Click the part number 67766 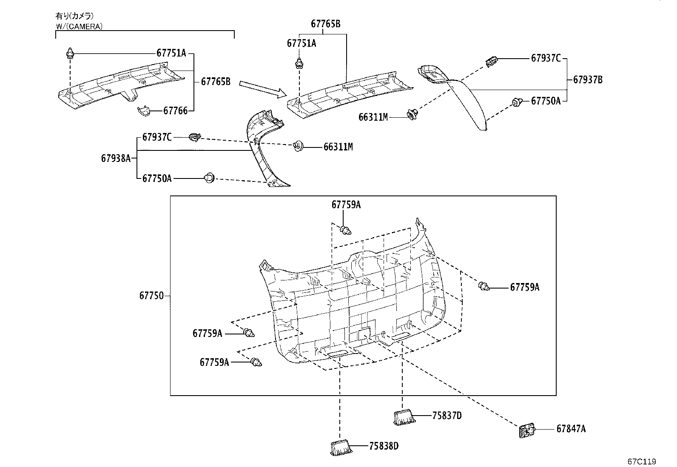pyautogui.click(x=175, y=111)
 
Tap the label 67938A pyautogui.click(x=116, y=158)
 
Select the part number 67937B pyautogui.click(x=588, y=80)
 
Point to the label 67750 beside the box pyautogui.click(x=151, y=295)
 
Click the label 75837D pyautogui.click(x=447, y=416)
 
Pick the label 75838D pyautogui.click(x=384, y=446)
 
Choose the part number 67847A pyautogui.click(x=571, y=429)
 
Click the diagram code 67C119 pyautogui.click(x=642, y=461)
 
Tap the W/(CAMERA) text pyautogui.click(x=79, y=27)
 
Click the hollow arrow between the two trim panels pyautogui.click(x=263, y=89)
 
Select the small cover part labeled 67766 pyautogui.click(x=144, y=111)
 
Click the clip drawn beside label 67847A pyautogui.click(x=527, y=430)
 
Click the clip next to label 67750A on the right pyautogui.click(x=517, y=102)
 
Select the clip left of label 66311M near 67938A pyautogui.click(x=298, y=146)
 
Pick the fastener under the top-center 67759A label pyautogui.click(x=345, y=230)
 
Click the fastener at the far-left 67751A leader pyautogui.click(x=70, y=53)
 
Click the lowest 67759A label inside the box pyautogui.click(x=214, y=362)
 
